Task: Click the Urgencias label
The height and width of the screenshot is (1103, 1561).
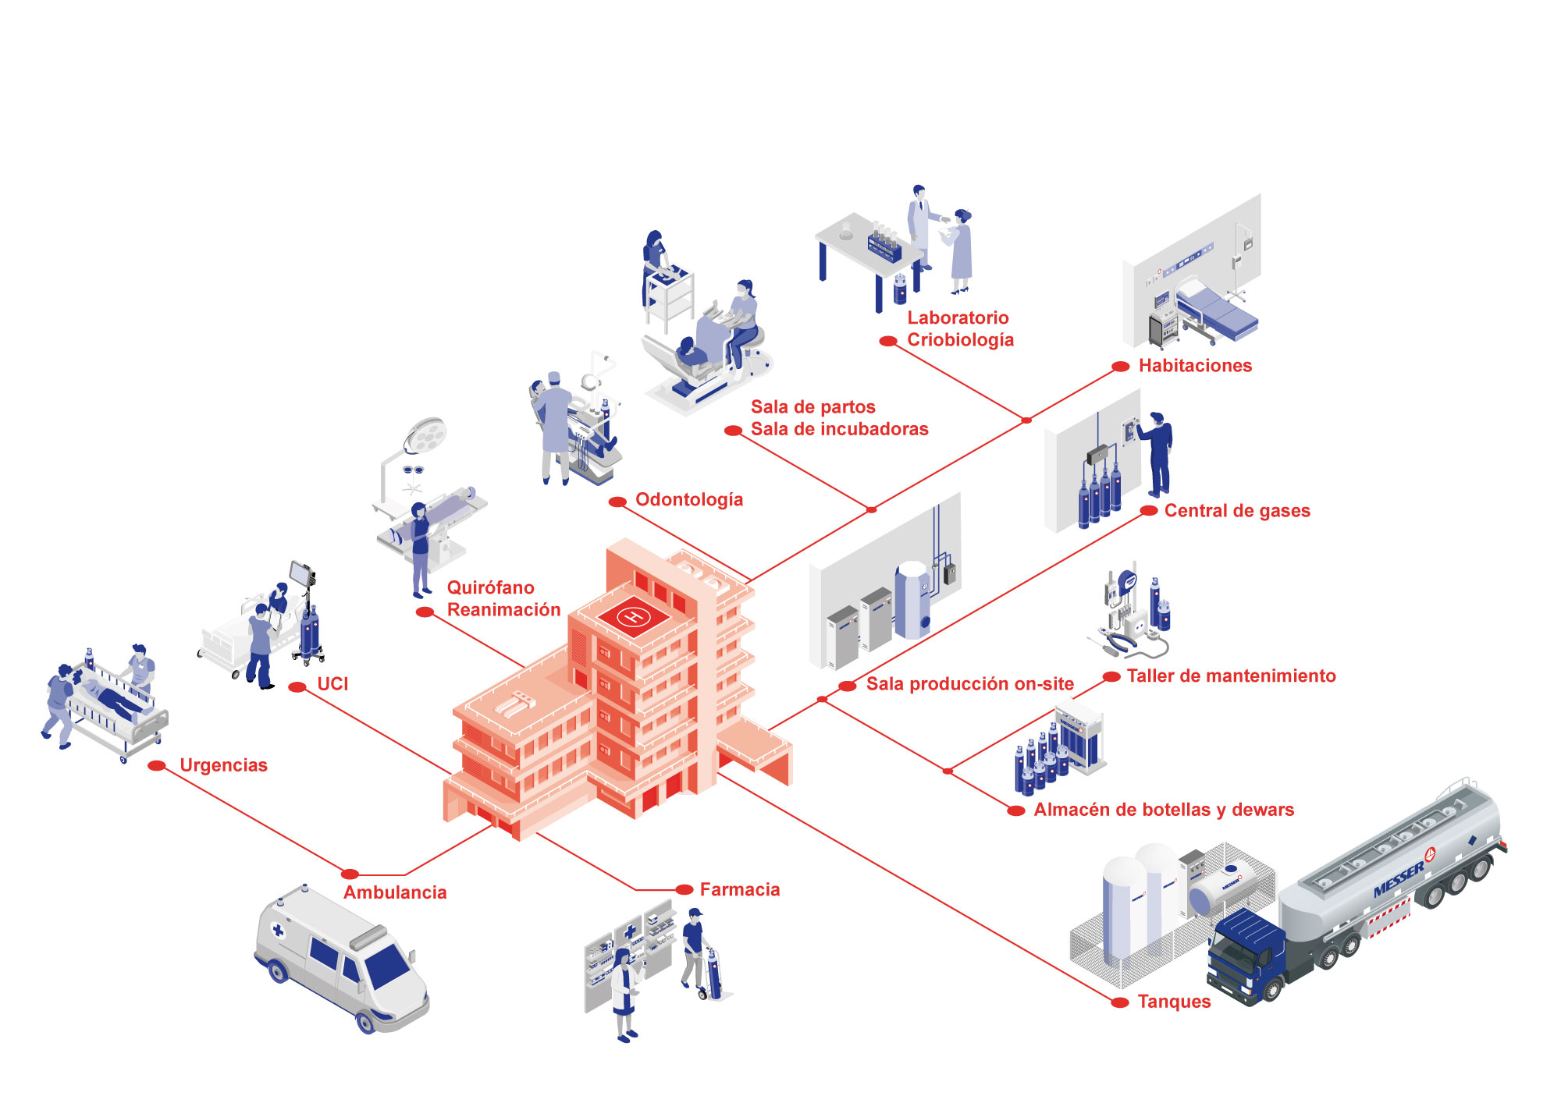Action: (x=223, y=765)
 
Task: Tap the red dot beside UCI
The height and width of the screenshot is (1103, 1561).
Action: (x=297, y=687)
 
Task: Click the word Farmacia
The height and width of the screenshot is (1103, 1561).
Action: (x=740, y=889)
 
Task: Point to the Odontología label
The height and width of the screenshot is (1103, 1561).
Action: (x=689, y=499)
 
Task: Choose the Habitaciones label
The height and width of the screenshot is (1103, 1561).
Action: (x=1195, y=365)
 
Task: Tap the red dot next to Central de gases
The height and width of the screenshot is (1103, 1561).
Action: (x=1149, y=511)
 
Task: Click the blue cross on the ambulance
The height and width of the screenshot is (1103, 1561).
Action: (x=278, y=930)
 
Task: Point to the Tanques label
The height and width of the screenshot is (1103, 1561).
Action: (x=1174, y=1002)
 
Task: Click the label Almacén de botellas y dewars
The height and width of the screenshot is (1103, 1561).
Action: (x=1164, y=810)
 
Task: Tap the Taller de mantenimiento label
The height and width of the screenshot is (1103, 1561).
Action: (x=1231, y=676)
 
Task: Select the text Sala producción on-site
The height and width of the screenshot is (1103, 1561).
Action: (x=970, y=684)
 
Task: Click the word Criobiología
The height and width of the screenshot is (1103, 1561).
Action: (x=960, y=340)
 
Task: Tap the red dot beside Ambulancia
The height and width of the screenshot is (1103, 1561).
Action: (x=350, y=874)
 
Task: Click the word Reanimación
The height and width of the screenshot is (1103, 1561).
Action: (x=503, y=610)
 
